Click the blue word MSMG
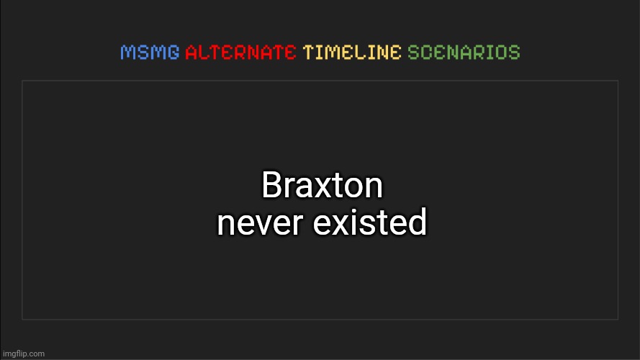point(150,53)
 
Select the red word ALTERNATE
point(240,53)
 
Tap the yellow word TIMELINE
point(352,53)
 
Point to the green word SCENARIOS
point(464,53)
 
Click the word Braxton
point(322,186)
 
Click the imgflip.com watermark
point(23,354)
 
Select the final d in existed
point(418,223)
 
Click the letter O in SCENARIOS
point(501,53)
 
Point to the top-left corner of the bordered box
point(22,81)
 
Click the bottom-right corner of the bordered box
point(618,318)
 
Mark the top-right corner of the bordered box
point(618,81)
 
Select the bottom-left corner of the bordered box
point(22,318)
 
